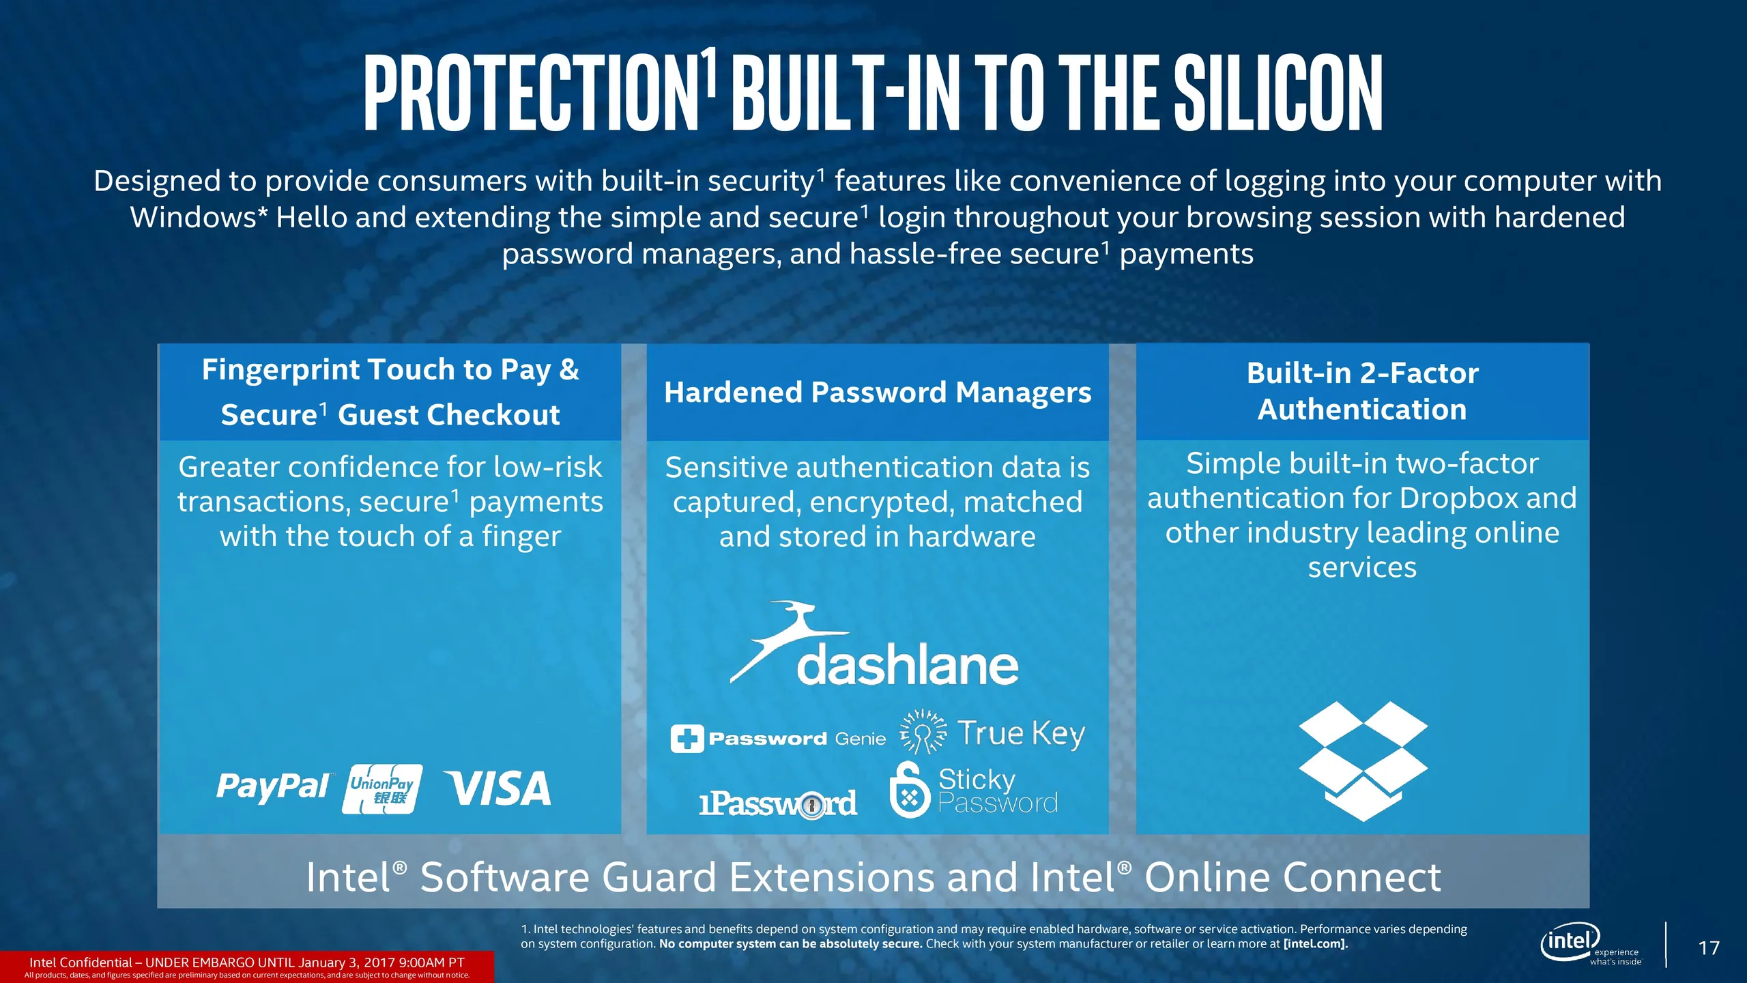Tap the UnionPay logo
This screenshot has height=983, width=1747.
382,789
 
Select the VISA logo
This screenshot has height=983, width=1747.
497,788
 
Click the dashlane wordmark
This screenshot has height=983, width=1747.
908,666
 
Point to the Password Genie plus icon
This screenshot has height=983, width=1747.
687,739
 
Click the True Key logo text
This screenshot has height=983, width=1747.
1021,734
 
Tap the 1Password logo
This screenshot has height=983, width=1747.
778,804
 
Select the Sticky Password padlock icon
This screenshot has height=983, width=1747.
910,790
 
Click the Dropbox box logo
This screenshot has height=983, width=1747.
1363,760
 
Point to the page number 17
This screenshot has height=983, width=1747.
1709,948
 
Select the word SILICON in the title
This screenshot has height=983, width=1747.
1278,93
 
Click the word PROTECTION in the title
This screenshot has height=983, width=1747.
531,93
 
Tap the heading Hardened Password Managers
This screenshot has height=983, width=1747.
878,393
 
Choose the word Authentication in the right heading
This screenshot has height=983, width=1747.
1362,410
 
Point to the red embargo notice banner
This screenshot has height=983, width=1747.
246,967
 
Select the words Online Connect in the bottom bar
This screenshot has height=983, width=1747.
1293,877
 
